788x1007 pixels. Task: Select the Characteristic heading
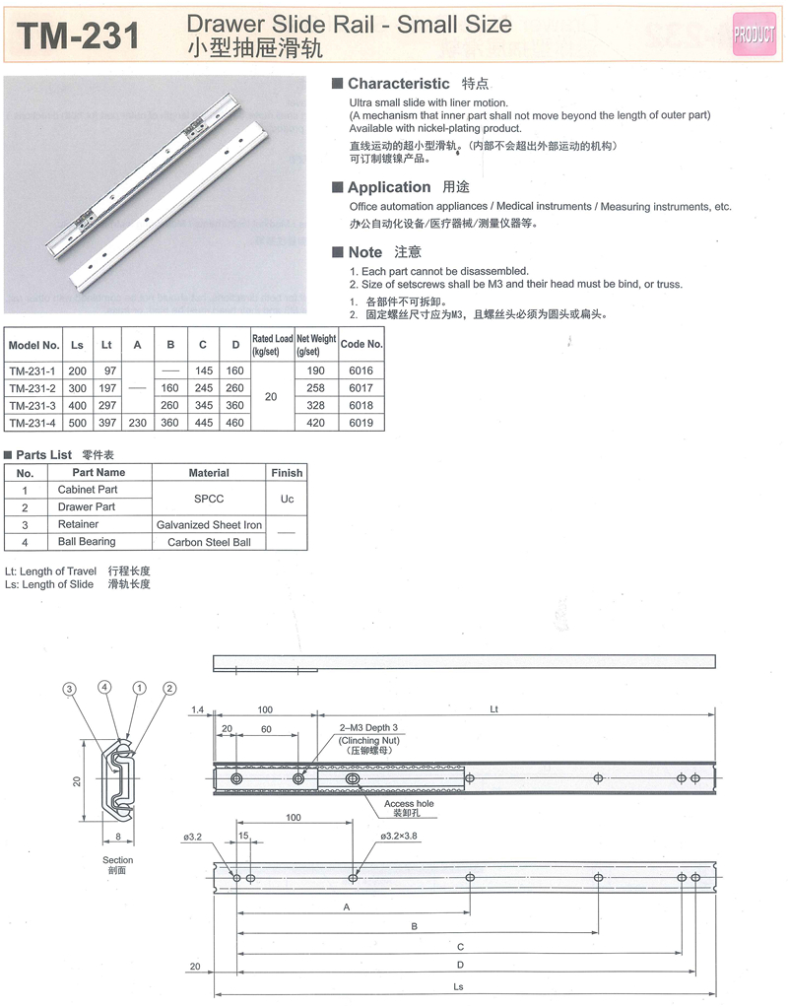398,85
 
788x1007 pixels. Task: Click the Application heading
389,187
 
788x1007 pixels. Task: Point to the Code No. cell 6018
361,405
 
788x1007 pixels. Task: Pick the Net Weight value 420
315,423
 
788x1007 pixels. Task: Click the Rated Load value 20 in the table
273,396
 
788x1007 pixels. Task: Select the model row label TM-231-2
33,388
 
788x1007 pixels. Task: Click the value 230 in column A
138,423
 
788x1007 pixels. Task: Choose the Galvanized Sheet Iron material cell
209,525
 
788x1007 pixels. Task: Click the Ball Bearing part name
87,542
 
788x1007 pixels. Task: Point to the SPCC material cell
209,499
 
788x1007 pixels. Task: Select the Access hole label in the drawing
409,804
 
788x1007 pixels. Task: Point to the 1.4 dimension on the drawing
197,709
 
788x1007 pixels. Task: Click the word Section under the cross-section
117,860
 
